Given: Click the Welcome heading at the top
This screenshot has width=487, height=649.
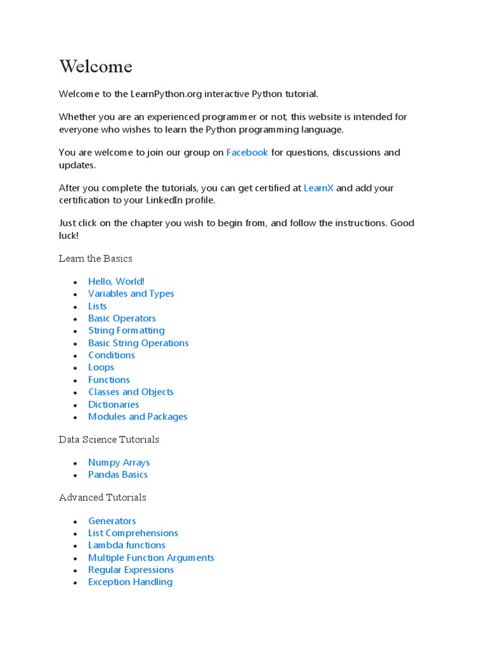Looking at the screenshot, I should (96, 67).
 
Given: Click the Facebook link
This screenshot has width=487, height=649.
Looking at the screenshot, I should (247, 153).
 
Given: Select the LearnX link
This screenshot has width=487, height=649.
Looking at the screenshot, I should (318, 188).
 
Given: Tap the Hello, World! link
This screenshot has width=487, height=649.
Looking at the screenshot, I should (116, 281).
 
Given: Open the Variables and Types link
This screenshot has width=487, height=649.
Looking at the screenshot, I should (131, 293).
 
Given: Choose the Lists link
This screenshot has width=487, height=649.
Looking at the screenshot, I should (97, 306).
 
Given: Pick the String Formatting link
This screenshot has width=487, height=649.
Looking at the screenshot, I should (126, 330).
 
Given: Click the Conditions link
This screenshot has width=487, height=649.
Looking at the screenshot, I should (111, 355).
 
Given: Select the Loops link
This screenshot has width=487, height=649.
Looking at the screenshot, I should (101, 367).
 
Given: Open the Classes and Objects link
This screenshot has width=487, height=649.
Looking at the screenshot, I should (131, 392).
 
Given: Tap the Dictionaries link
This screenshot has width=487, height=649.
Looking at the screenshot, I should (114, 404).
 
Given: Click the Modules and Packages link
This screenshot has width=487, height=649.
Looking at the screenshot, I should (138, 416).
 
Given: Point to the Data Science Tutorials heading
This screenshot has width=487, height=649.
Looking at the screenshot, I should (109, 439).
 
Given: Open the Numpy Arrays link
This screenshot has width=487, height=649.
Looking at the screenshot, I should (119, 463).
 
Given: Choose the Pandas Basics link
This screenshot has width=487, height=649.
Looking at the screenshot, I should (117, 475).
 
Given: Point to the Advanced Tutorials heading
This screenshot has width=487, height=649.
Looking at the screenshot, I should (103, 498).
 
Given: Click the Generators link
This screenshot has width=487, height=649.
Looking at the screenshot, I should (112, 521).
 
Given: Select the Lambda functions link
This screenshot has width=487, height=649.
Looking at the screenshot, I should (126, 545).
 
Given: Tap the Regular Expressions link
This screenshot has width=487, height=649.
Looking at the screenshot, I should (131, 570).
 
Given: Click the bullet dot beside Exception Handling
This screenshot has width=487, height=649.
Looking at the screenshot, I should (75, 583).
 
